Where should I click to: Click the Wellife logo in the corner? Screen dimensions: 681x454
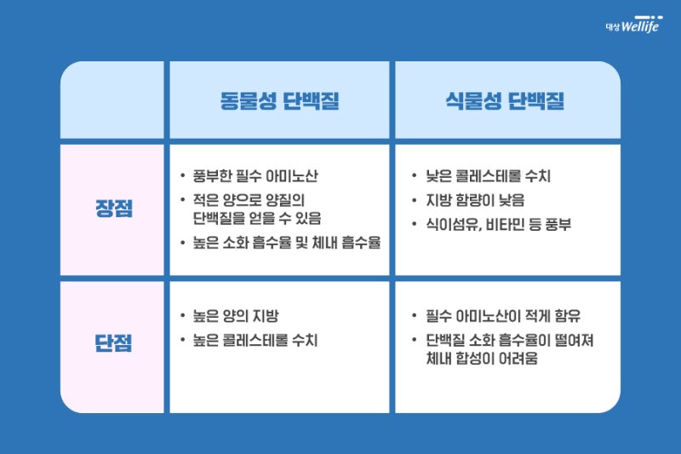point(633,25)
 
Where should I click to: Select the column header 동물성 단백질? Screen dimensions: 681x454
point(279,101)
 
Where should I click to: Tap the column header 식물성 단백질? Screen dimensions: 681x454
point(505,101)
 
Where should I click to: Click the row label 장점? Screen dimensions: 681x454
point(114,208)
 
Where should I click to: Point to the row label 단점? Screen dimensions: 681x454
point(113,342)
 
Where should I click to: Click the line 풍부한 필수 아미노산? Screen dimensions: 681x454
point(255,176)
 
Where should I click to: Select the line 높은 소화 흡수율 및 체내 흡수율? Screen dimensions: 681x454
point(287,243)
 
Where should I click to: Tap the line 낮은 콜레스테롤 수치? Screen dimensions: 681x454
point(488,176)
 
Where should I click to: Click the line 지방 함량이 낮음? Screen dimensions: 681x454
point(475,200)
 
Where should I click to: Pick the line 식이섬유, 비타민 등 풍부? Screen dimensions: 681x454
point(498,225)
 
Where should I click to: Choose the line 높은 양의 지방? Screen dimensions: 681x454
point(236,316)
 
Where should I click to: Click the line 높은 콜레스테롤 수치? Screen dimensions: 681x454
point(255,340)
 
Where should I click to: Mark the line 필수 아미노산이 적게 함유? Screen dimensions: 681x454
point(503,316)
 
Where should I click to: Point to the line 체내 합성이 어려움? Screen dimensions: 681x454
point(482,359)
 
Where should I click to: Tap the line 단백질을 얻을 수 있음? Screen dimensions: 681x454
point(257,218)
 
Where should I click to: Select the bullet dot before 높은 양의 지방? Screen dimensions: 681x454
point(183,315)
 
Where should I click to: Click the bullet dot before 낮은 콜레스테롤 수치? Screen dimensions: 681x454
point(415,175)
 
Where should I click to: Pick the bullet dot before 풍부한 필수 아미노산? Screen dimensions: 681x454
point(183,175)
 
